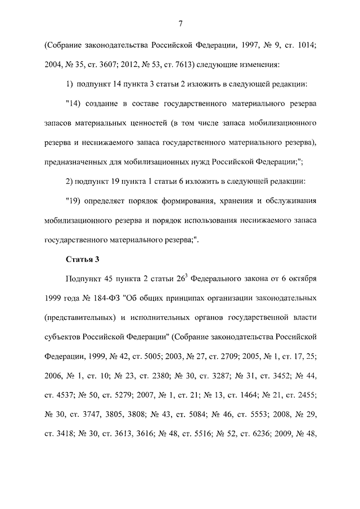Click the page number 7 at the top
[x=179, y=23]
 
